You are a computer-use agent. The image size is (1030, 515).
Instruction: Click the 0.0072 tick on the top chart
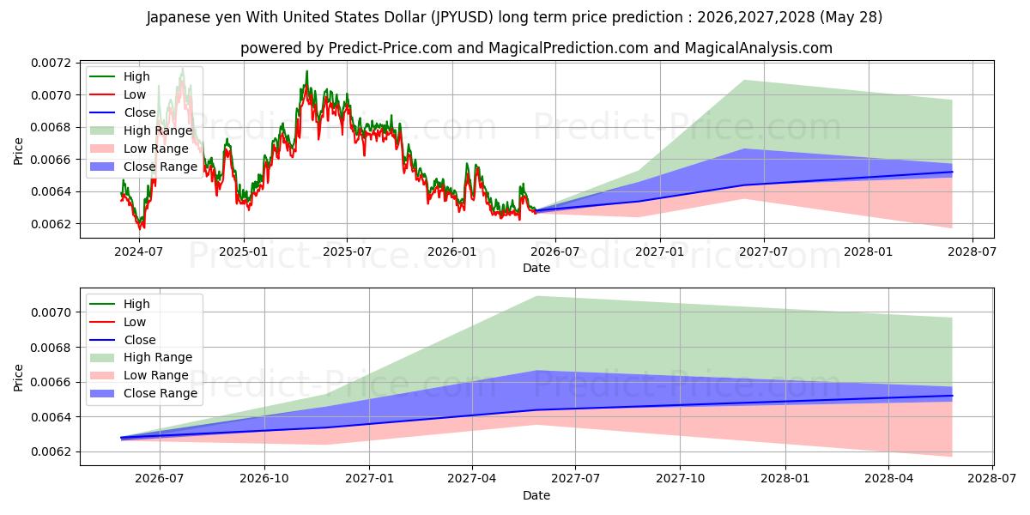point(51,63)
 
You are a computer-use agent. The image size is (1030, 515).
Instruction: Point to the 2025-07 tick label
point(347,252)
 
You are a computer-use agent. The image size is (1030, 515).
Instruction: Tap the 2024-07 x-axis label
point(139,252)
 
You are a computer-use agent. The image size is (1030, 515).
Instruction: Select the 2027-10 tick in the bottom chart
point(680,479)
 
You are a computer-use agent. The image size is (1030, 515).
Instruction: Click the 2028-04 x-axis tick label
point(889,479)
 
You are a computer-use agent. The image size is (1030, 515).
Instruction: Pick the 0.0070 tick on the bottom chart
point(51,312)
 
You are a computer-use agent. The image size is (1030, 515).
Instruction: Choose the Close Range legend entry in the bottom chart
point(143,393)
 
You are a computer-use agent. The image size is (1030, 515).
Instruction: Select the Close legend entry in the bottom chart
point(122,340)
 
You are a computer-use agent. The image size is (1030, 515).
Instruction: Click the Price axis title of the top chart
point(18,151)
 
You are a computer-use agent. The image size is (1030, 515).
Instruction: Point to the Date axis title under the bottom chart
point(536,495)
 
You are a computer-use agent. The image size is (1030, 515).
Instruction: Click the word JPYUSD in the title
point(462,17)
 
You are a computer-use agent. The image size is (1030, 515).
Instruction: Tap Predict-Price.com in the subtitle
point(391,48)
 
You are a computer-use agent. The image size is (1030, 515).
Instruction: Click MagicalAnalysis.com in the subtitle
point(759,48)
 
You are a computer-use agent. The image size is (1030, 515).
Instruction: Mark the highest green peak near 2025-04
point(306,71)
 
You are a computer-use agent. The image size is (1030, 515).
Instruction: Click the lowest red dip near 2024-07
point(140,228)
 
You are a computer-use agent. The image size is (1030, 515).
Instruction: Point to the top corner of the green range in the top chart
point(744,80)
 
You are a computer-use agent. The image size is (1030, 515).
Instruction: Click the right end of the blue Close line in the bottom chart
point(952,396)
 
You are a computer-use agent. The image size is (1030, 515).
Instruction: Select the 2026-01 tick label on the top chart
point(452,252)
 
